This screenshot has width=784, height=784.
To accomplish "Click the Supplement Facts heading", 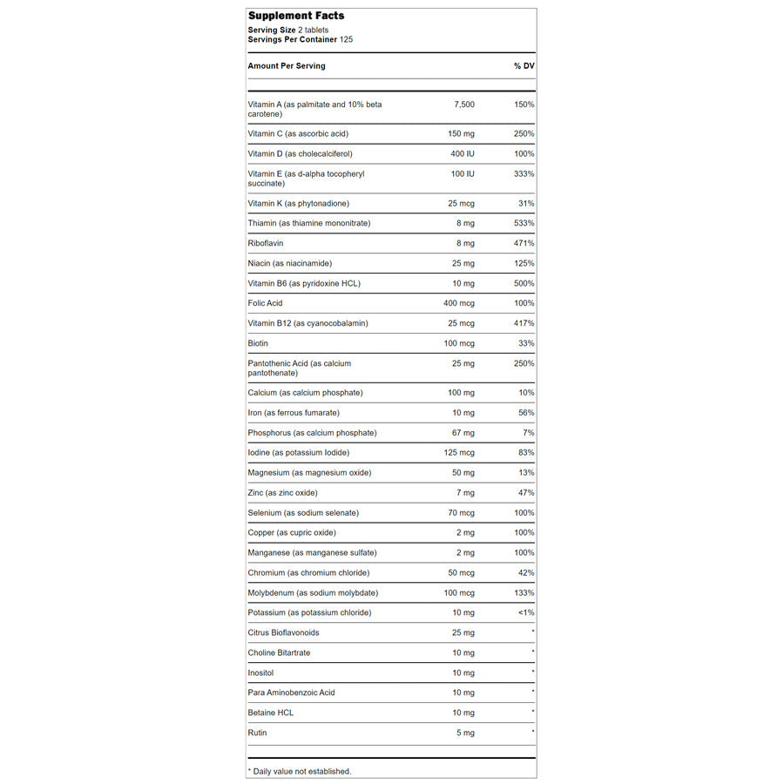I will click(296, 16).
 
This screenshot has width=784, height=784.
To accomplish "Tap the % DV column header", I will click(524, 66).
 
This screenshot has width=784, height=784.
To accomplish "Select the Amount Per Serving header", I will click(287, 66).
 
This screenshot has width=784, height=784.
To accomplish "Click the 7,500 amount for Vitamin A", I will click(464, 105).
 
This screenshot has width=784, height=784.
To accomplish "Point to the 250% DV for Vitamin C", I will click(524, 134).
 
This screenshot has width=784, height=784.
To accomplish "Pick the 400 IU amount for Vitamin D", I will click(462, 154).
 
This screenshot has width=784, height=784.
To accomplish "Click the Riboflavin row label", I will click(266, 244).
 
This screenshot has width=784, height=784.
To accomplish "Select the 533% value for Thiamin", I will click(524, 224).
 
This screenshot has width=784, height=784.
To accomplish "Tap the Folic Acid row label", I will click(265, 304).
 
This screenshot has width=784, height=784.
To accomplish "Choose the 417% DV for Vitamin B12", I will click(524, 324).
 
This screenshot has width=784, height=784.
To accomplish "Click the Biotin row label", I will click(258, 344).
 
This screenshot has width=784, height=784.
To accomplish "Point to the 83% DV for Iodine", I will click(525, 453).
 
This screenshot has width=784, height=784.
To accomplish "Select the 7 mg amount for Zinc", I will click(465, 493).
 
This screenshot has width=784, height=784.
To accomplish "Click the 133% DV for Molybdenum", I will click(524, 593).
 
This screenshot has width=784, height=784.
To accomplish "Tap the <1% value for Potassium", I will click(524, 613).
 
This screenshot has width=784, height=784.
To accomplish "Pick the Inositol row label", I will click(262, 673).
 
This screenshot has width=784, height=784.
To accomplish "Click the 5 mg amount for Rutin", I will click(465, 733).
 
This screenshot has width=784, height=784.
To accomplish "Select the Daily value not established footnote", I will click(300, 772).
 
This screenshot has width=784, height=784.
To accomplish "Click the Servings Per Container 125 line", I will click(300, 39).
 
